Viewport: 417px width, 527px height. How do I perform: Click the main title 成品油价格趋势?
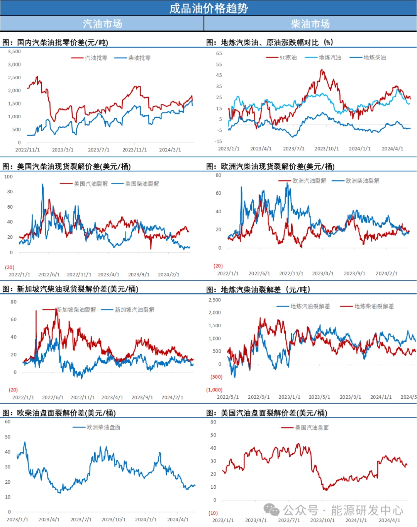(208, 8)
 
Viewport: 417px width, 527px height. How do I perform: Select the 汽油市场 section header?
(102, 24)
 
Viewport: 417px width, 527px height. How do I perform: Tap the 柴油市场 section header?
(310, 24)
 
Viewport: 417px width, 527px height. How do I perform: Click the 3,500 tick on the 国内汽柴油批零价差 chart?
(15, 51)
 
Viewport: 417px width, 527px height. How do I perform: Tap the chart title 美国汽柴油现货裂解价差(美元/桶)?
(66, 167)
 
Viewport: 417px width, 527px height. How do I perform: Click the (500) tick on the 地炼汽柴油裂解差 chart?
(216, 377)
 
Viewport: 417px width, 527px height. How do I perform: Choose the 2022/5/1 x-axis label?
(228, 397)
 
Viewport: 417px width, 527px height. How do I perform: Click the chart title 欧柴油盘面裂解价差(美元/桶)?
(59, 413)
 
